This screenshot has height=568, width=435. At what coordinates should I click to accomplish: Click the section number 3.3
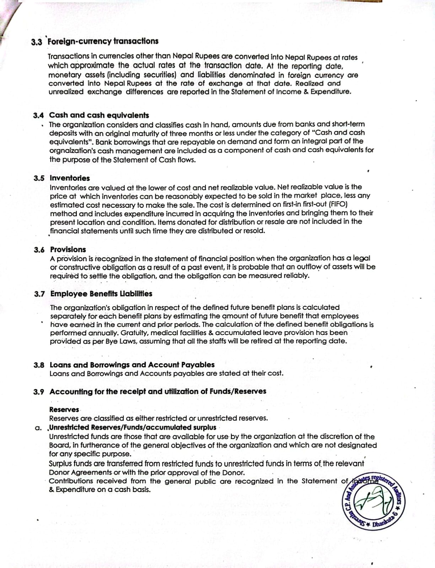click(x=37, y=42)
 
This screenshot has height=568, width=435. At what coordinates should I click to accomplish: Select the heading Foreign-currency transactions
click(x=103, y=41)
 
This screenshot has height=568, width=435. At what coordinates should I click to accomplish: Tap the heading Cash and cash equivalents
click(x=99, y=115)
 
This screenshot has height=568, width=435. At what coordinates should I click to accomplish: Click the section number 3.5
click(x=39, y=178)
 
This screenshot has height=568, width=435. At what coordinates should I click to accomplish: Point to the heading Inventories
click(x=70, y=178)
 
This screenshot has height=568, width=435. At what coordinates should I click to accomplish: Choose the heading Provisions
click(x=68, y=250)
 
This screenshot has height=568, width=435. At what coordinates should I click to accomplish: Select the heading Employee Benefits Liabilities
click(x=101, y=294)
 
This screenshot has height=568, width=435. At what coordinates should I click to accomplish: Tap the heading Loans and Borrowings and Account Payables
click(x=132, y=365)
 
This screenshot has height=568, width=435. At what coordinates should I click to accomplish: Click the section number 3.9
click(x=39, y=392)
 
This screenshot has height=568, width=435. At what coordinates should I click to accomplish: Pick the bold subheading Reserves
click(x=64, y=410)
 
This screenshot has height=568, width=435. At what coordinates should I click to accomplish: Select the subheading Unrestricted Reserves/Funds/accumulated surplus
click(x=133, y=427)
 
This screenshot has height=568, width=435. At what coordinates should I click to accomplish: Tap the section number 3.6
click(x=39, y=250)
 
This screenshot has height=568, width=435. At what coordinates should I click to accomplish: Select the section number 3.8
click(x=39, y=365)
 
